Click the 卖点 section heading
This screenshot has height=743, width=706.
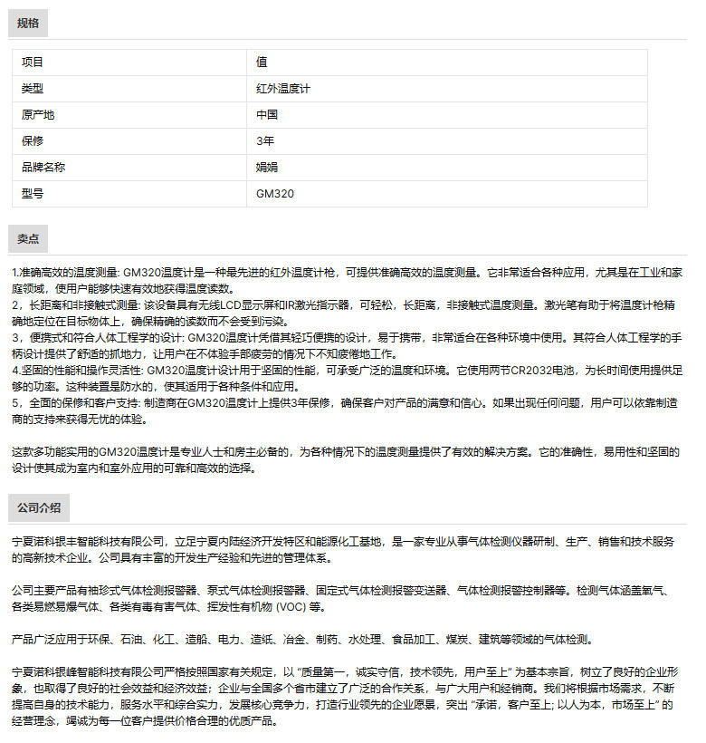pyautogui.click(x=28, y=239)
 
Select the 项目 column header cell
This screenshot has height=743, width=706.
pyautogui.click(x=33, y=63)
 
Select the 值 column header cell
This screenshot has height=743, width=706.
pyautogui.click(x=262, y=63)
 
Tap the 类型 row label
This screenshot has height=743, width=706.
pyautogui.click(x=33, y=89)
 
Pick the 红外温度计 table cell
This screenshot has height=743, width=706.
pyautogui.click(x=283, y=89)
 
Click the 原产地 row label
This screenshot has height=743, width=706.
pyautogui.click(x=38, y=115)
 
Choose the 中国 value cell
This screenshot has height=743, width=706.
pyautogui.click(x=267, y=115)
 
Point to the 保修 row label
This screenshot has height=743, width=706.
pyautogui.click(x=33, y=141)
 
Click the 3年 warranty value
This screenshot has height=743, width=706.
pyautogui.click(x=265, y=141)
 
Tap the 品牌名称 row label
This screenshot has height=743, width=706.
pyautogui.click(x=43, y=168)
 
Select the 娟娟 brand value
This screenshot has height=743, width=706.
pyautogui.click(x=267, y=168)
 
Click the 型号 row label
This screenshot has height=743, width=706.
pyautogui.click(x=33, y=194)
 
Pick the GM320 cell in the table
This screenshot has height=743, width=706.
pyautogui.click(x=275, y=194)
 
